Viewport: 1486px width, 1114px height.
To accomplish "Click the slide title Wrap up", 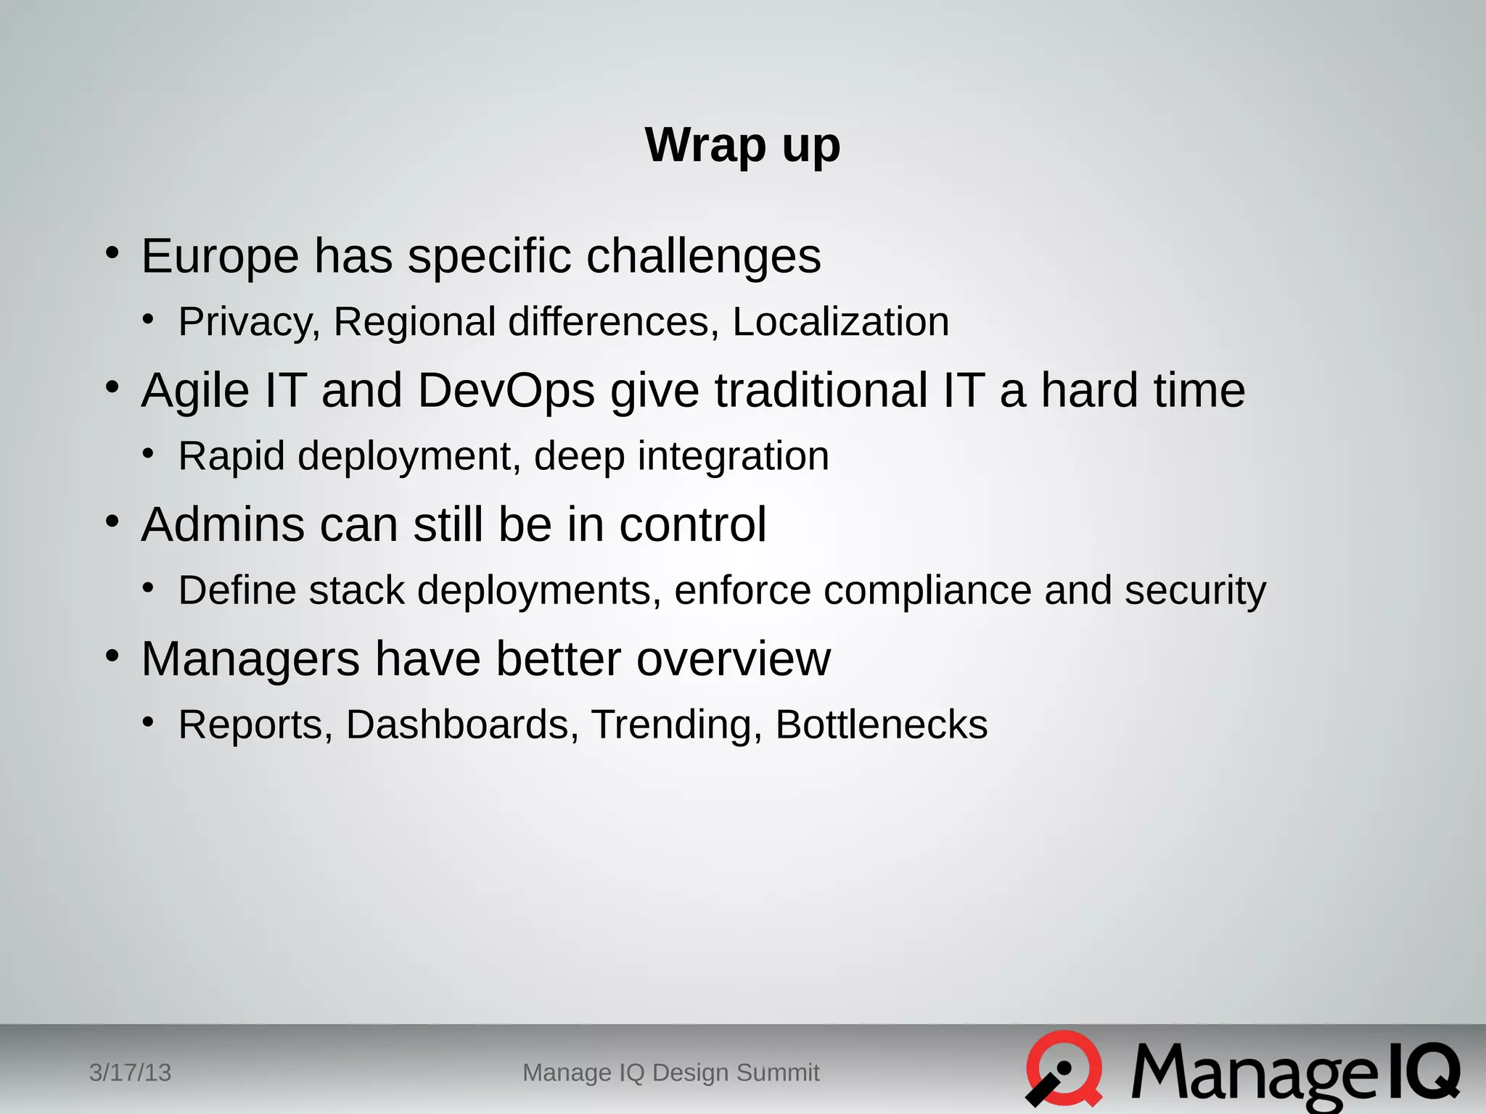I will (742, 146).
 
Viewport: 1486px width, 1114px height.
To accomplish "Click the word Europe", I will (220, 256).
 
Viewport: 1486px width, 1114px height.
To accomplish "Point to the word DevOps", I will (506, 392).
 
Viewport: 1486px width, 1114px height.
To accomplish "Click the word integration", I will (733, 457).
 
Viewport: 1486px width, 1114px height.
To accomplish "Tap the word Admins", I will (223, 524).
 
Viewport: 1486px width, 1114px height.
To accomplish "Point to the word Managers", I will (250, 659).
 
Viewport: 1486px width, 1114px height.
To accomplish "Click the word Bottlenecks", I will (882, 725).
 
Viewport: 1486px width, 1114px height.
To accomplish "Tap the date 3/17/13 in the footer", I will (130, 1073).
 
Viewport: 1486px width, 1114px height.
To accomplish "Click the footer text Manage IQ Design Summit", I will (671, 1073).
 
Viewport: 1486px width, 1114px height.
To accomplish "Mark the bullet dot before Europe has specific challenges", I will (112, 253).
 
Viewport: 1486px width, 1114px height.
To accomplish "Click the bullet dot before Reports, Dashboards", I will (149, 722).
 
